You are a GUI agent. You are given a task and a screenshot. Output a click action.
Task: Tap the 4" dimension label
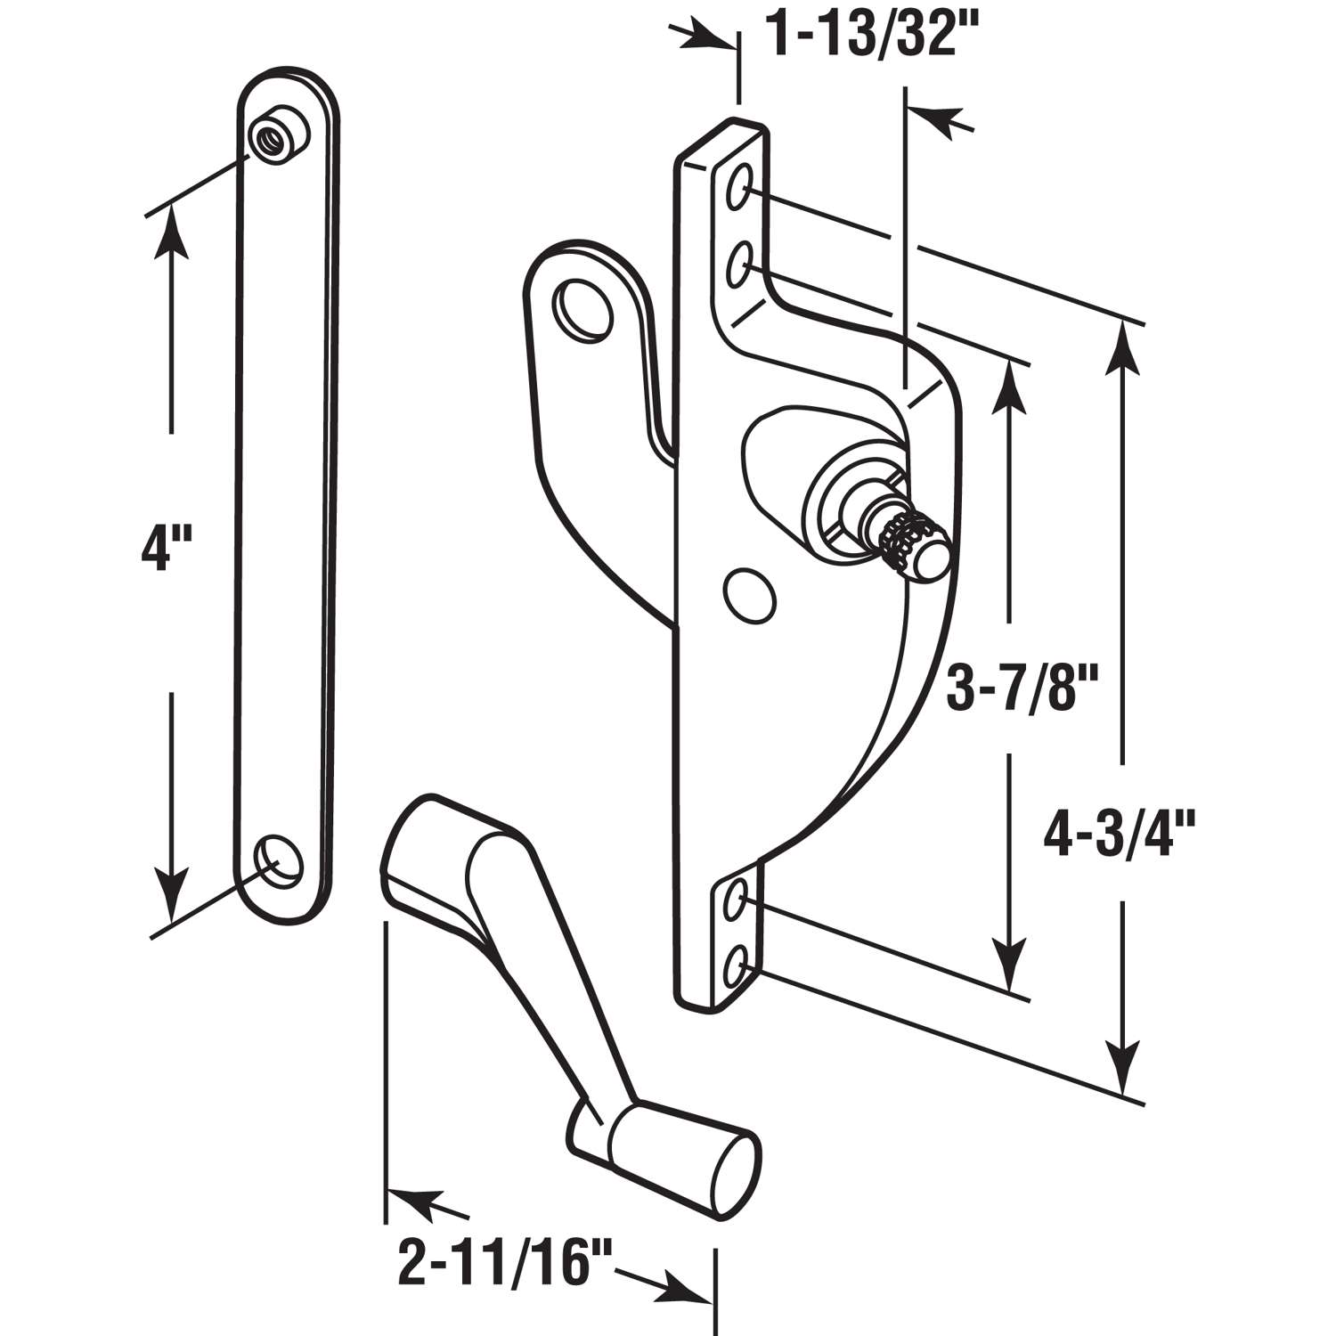pyautogui.click(x=160, y=549)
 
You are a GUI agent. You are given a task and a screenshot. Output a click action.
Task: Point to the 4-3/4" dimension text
pyautogui.click(x=1125, y=835)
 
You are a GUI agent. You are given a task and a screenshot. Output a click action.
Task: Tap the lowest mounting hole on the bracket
pyautogui.click(x=737, y=965)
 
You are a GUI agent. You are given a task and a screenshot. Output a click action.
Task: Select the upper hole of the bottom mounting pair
pyautogui.click(x=737, y=902)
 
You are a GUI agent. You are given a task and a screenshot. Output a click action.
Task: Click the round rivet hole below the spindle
pyautogui.click(x=746, y=594)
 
